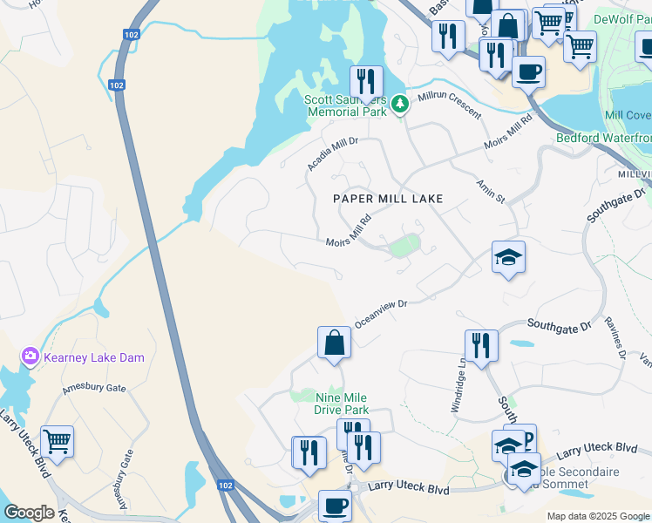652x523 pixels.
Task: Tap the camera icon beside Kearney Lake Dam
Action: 31,357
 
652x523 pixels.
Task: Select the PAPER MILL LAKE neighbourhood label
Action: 388,199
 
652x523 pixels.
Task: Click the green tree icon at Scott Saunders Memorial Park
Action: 399,105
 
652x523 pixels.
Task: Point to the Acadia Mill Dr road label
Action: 332,153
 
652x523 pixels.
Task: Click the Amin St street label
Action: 490,191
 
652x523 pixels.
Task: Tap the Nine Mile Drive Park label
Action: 342,404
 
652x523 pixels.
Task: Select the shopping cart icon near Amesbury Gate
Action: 57,441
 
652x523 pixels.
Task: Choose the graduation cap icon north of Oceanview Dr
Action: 508,257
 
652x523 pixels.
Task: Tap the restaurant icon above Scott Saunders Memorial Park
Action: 366,81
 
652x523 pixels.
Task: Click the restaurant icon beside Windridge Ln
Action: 480,345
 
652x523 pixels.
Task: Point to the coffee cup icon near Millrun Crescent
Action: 528,71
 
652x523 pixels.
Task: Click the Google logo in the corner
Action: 29,513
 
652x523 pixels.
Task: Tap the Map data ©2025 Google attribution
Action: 598,516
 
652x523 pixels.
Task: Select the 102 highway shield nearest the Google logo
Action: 226,486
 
